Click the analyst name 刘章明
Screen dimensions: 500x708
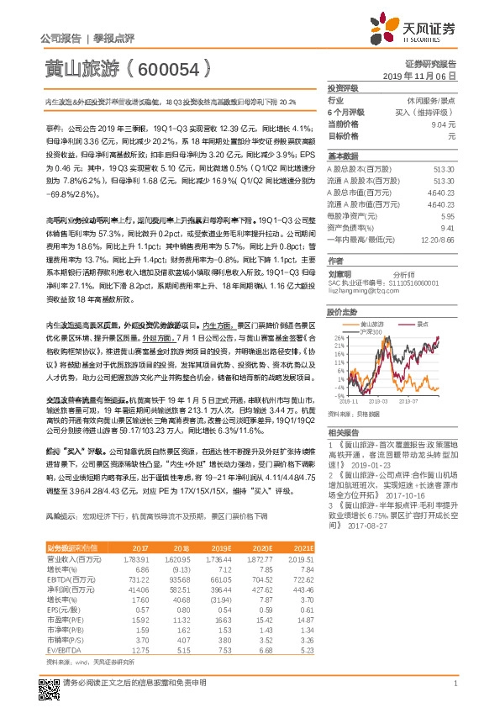[x=339, y=274]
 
